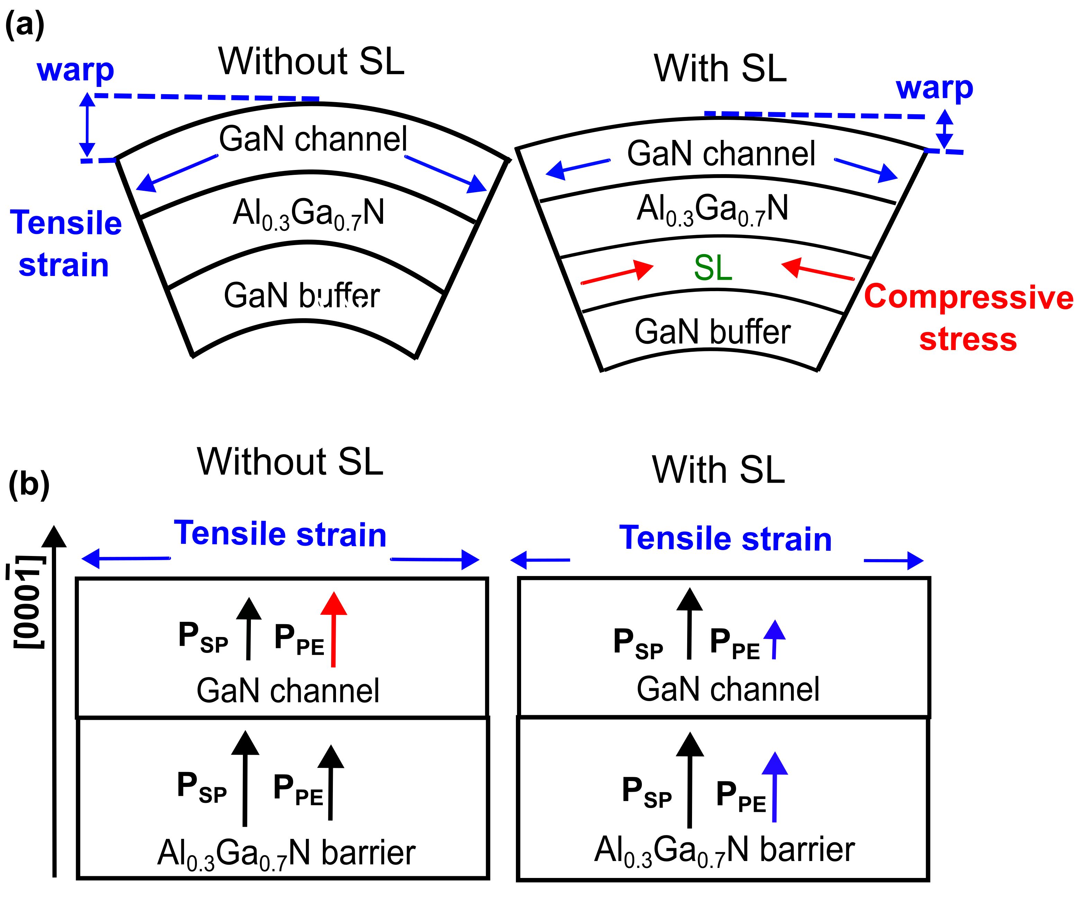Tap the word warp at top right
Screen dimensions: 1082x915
point(935,89)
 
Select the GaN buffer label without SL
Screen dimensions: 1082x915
point(302,295)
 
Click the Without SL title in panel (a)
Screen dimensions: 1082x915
point(311,61)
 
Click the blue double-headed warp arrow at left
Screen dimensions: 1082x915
point(87,125)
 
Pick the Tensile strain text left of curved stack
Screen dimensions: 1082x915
point(65,244)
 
